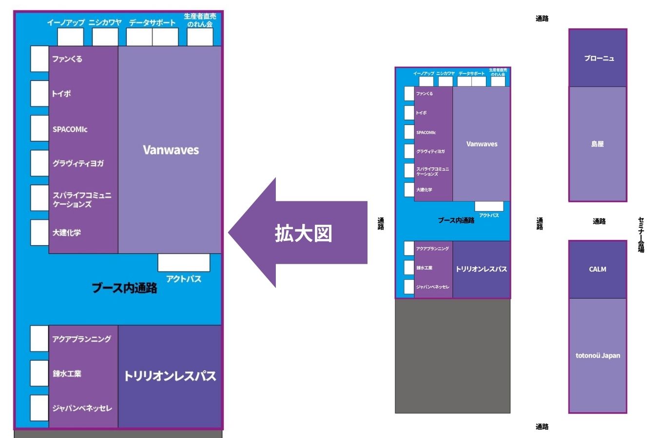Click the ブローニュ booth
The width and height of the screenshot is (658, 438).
pos(599,58)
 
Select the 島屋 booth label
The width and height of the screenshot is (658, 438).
pos(598,144)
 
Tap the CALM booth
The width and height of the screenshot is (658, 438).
pos(598,269)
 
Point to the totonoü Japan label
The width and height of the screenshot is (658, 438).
pos(598,355)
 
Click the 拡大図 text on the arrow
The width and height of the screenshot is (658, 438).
pos(303,233)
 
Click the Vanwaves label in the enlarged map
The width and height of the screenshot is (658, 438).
pos(171,150)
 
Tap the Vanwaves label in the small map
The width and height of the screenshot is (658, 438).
pos(482,144)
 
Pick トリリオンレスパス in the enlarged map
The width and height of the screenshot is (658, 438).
pos(170,376)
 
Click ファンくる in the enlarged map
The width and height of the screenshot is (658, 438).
pos(67,59)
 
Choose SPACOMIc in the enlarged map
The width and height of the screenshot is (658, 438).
pos(70,129)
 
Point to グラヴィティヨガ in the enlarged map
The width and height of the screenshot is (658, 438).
pos(78,164)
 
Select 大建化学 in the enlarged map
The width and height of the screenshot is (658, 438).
pos(67,233)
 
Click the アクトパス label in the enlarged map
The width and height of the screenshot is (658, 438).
pos(183,279)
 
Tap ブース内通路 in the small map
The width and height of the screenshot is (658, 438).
pos(456,220)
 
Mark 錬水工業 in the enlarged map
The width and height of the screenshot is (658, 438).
pos(67,374)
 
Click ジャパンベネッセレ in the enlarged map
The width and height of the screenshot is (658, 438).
pos(82,408)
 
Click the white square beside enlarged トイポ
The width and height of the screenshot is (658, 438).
pos(39,93)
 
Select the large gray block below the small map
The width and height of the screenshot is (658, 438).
pos(452,356)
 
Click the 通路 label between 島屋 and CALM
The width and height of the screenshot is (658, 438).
pos(599,221)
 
